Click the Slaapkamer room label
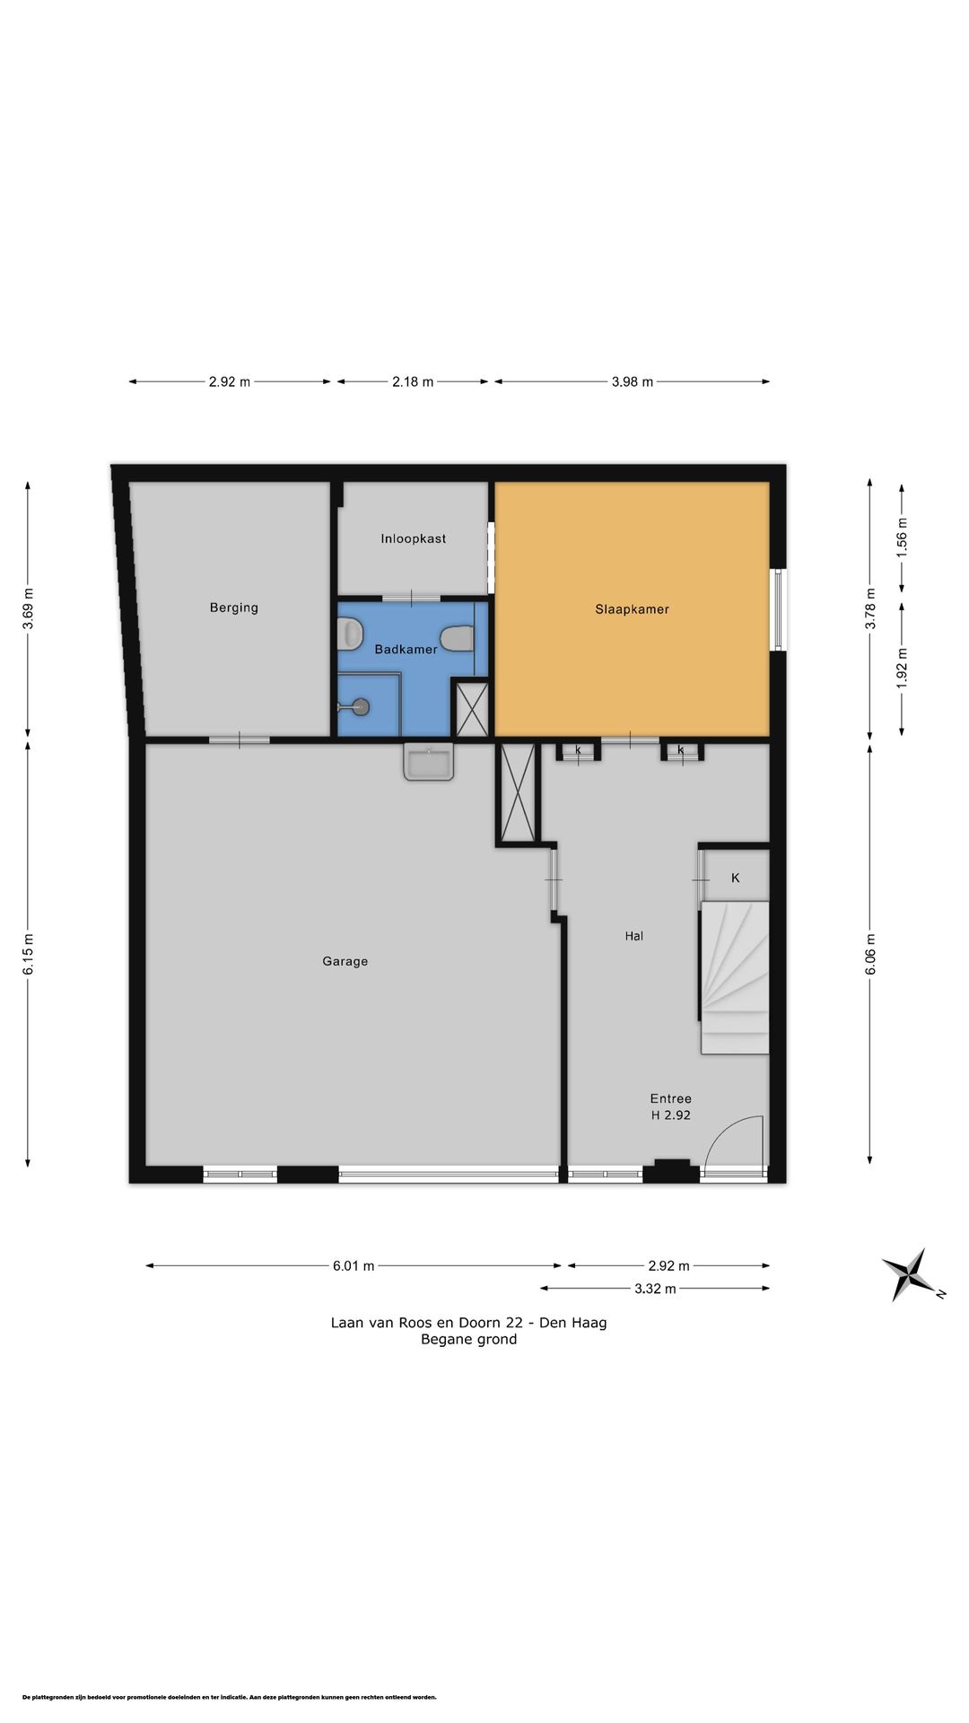click(632, 609)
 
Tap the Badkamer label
click(406, 649)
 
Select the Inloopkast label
click(413, 538)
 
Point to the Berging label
click(233, 608)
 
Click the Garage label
click(345, 961)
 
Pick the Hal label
click(634, 936)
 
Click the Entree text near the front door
click(671, 1098)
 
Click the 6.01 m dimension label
click(354, 1266)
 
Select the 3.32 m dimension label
click(655, 1289)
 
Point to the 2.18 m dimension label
click(413, 381)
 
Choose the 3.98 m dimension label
click(633, 381)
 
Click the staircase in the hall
click(735, 977)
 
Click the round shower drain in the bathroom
click(361, 706)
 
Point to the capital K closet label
click(736, 878)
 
